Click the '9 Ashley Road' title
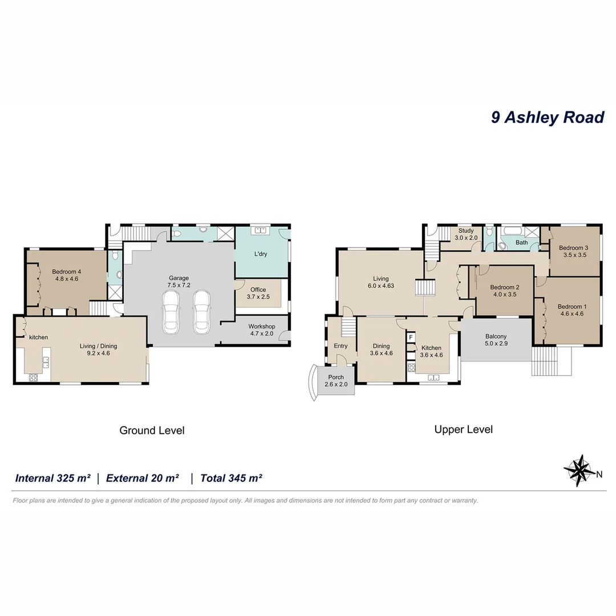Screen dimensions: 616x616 (547, 117)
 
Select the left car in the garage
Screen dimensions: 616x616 (172, 312)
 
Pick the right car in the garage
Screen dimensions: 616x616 (201, 312)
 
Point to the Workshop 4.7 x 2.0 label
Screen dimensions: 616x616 (261, 330)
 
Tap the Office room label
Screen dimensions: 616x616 (258, 293)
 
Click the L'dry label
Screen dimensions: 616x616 (260, 254)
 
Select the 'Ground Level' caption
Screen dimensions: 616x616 (152, 430)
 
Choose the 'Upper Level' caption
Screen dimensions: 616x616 (463, 429)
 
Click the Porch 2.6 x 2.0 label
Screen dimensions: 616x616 (336, 381)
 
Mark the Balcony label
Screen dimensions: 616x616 (496, 341)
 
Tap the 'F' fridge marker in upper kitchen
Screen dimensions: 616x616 (410, 338)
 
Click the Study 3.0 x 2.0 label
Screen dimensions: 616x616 (465, 234)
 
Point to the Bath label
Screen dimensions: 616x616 (521, 242)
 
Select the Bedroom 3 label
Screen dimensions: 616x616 (573, 252)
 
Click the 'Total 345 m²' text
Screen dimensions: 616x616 (231, 478)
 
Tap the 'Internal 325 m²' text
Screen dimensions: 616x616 (52, 478)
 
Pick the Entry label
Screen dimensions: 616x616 (341, 346)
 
